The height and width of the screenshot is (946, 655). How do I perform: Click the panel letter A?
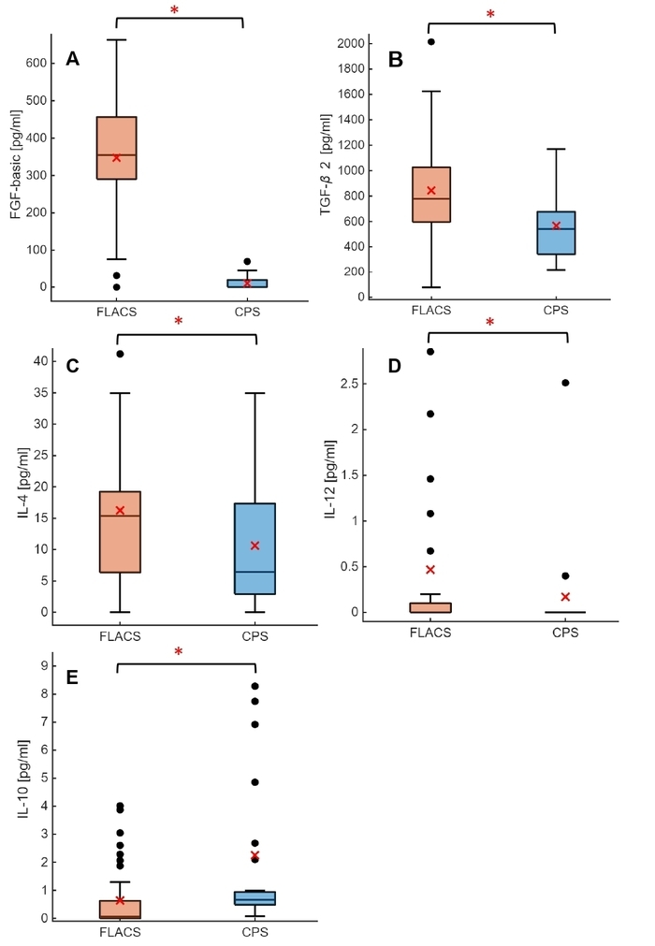point(73,60)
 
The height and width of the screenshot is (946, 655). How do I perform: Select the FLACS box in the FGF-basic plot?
point(117,148)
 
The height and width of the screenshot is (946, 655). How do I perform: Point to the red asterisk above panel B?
point(490,15)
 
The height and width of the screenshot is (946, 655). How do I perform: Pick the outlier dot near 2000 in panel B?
point(430,42)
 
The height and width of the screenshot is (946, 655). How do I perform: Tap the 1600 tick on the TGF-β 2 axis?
point(348,95)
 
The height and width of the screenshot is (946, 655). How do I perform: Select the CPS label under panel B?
point(556,312)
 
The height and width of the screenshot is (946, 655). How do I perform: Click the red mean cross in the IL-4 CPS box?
point(255,546)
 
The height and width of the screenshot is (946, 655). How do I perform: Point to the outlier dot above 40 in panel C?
point(120,354)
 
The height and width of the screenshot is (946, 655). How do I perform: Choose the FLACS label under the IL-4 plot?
point(119,636)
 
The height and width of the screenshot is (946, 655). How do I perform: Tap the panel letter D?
point(394,365)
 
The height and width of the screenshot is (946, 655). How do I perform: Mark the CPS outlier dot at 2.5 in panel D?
point(565,383)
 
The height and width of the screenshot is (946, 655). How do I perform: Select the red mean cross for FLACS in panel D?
point(430,569)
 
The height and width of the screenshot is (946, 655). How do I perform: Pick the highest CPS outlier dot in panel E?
point(255,686)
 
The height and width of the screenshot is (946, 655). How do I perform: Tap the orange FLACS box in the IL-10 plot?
point(117,909)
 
